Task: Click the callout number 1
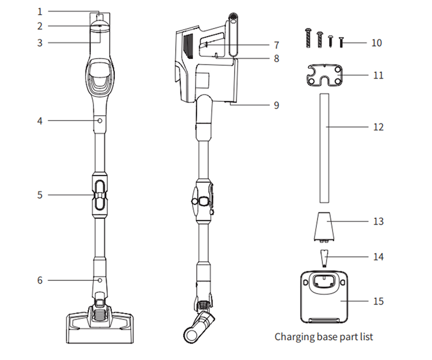click(x=40, y=12)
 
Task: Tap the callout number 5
click(x=40, y=195)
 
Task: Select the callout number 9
click(x=276, y=105)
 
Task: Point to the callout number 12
click(x=378, y=127)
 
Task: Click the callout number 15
click(x=378, y=301)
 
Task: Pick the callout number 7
click(x=276, y=45)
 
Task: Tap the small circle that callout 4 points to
click(x=100, y=120)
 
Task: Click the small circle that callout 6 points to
click(x=100, y=280)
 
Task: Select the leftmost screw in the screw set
click(x=308, y=38)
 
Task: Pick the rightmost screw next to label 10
click(x=341, y=42)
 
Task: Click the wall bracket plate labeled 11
click(x=324, y=75)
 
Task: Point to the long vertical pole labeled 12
click(x=324, y=148)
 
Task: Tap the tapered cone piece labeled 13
click(x=324, y=227)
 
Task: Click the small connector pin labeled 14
click(x=324, y=258)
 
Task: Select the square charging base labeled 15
click(x=324, y=297)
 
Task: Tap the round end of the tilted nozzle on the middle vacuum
click(x=191, y=336)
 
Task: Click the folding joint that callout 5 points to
click(x=99, y=195)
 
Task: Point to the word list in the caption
click(x=367, y=336)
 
